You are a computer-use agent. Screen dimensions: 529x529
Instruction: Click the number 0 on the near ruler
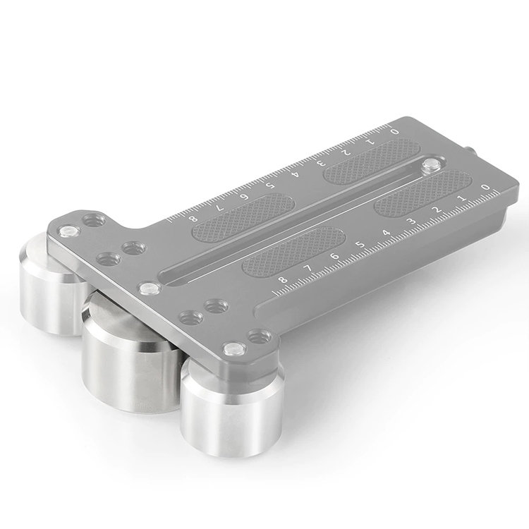point(484,186)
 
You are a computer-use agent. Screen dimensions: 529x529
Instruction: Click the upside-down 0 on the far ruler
point(394,130)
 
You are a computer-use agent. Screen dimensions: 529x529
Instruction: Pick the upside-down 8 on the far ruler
point(193,218)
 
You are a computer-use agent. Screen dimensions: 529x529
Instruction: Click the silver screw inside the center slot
point(430,166)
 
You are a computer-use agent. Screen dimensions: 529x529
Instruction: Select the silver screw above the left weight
point(68,231)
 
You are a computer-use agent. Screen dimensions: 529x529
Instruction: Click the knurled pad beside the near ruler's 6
point(293,251)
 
